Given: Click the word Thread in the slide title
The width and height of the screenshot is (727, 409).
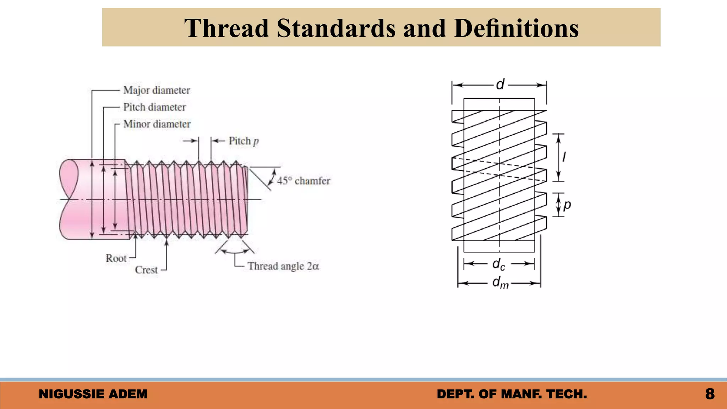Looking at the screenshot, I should coord(226,28).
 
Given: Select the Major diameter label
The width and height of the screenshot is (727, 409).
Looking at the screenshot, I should coord(157,90).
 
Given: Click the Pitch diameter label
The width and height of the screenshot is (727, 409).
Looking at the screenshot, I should coord(154,107).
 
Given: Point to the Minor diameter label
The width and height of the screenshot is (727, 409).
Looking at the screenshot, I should coord(157,124).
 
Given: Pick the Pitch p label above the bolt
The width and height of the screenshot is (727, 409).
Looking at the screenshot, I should coord(244,141).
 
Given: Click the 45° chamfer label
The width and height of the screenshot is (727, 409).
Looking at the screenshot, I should coord(304,181).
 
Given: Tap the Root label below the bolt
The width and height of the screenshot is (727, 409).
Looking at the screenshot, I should coord(116,258).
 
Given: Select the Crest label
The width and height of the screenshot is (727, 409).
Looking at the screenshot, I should coord(146,270).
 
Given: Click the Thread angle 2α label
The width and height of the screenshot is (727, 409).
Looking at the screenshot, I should coord(283,266).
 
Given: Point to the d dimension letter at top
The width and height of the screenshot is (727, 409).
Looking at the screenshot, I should coord(500,85).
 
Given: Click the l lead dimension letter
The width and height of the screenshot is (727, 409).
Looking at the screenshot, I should coord(564,157).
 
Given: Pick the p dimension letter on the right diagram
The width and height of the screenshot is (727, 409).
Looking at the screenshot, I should coord(567,205).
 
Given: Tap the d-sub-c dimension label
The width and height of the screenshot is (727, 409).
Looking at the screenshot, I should coord(499,265).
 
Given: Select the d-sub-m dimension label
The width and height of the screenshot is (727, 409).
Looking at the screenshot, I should coord(500,283).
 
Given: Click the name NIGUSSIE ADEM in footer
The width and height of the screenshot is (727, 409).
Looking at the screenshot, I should coord(93,394).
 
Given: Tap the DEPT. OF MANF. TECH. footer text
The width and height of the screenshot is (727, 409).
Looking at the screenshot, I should coord(512,394).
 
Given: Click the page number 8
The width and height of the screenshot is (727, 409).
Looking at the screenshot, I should coord(710,394).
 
